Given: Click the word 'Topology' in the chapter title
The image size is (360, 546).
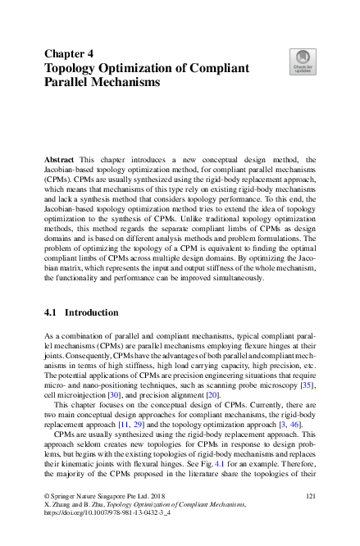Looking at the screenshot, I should tap(72, 68).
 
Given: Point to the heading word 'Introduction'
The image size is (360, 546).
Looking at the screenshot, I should tap(91, 312).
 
